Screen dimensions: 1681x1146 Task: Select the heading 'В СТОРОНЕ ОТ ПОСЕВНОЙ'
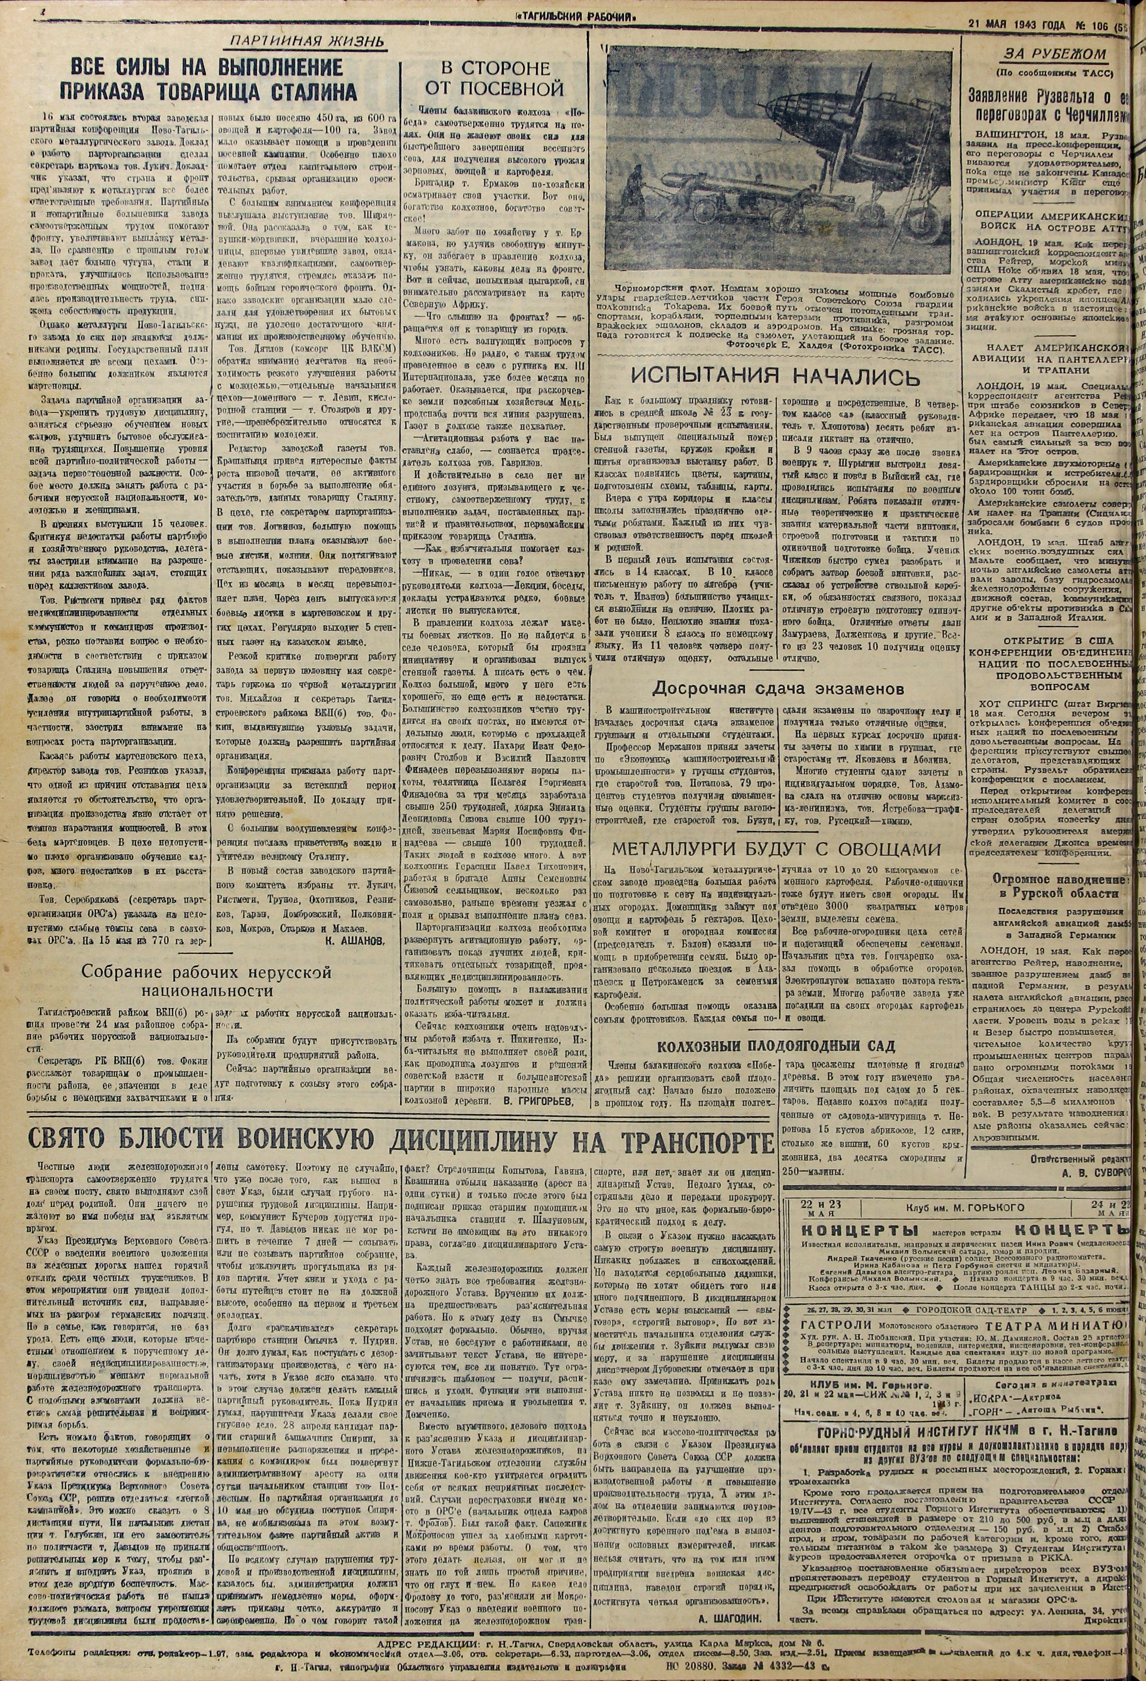click(x=495, y=79)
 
